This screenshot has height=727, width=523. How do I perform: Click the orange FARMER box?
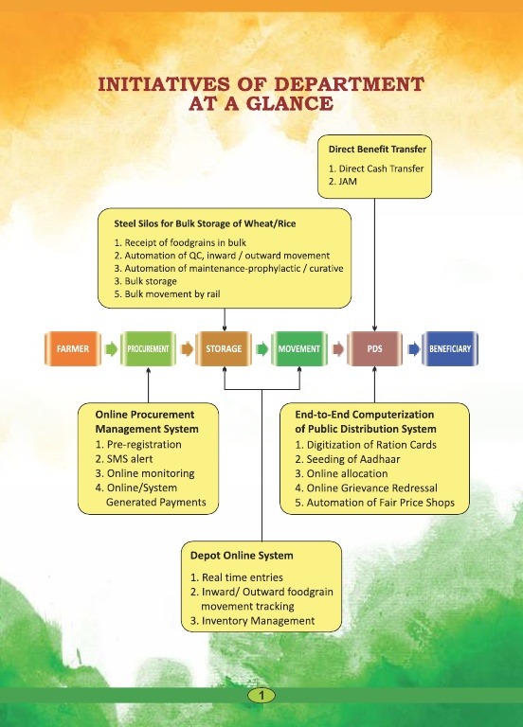click(x=73, y=348)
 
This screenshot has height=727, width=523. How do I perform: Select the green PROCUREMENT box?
click(x=148, y=348)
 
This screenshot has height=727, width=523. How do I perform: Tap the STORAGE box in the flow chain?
click(x=224, y=348)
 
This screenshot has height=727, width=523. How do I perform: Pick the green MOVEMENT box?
click(x=298, y=348)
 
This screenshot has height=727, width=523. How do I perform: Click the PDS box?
click(x=374, y=348)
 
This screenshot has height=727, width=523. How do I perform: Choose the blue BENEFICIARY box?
click(x=450, y=348)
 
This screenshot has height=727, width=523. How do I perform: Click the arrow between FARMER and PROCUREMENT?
click(x=111, y=348)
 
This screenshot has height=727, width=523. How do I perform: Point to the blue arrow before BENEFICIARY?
click(x=413, y=348)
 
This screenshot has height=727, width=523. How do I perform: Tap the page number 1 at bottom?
click(x=261, y=695)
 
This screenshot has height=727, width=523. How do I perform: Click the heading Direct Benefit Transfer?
click(x=377, y=150)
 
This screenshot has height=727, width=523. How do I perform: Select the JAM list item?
click(x=342, y=182)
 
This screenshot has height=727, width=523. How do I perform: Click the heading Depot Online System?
click(x=242, y=556)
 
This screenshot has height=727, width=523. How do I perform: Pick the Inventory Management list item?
click(x=252, y=621)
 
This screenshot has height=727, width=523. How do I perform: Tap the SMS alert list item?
click(x=124, y=459)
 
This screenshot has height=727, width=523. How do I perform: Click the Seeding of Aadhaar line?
click(x=348, y=459)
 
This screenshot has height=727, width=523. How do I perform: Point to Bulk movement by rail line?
click(x=167, y=294)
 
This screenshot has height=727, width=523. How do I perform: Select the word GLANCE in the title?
click(x=289, y=103)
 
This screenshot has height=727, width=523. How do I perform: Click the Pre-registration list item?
click(x=138, y=444)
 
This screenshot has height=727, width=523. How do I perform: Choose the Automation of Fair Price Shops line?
click(x=375, y=503)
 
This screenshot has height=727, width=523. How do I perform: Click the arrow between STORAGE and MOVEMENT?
click(x=261, y=348)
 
